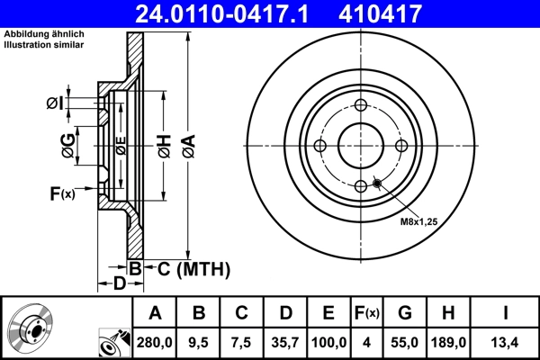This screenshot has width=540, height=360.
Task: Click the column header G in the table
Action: (x=404, y=313)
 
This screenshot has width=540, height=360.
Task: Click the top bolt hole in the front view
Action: (x=360, y=106)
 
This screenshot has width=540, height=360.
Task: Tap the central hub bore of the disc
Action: (x=360, y=146)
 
